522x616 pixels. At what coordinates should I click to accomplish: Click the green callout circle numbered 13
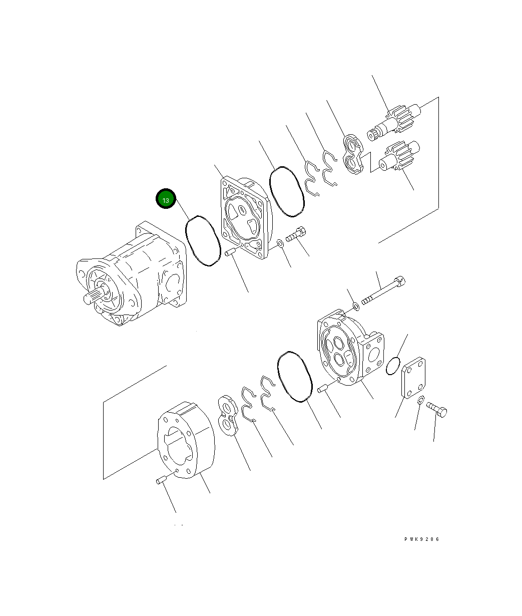(x=165, y=199)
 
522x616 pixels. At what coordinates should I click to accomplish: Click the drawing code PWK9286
(x=422, y=539)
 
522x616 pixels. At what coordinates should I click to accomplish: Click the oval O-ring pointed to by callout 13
(x=203, y=241)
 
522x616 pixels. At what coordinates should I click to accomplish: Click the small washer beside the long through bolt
(x=355, y=306)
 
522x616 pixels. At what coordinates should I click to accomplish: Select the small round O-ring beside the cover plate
(x=393, y=366)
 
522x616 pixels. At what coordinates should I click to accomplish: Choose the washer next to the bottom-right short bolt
(x=421, y=399)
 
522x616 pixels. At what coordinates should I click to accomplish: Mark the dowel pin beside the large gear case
(x=161, y=481)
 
